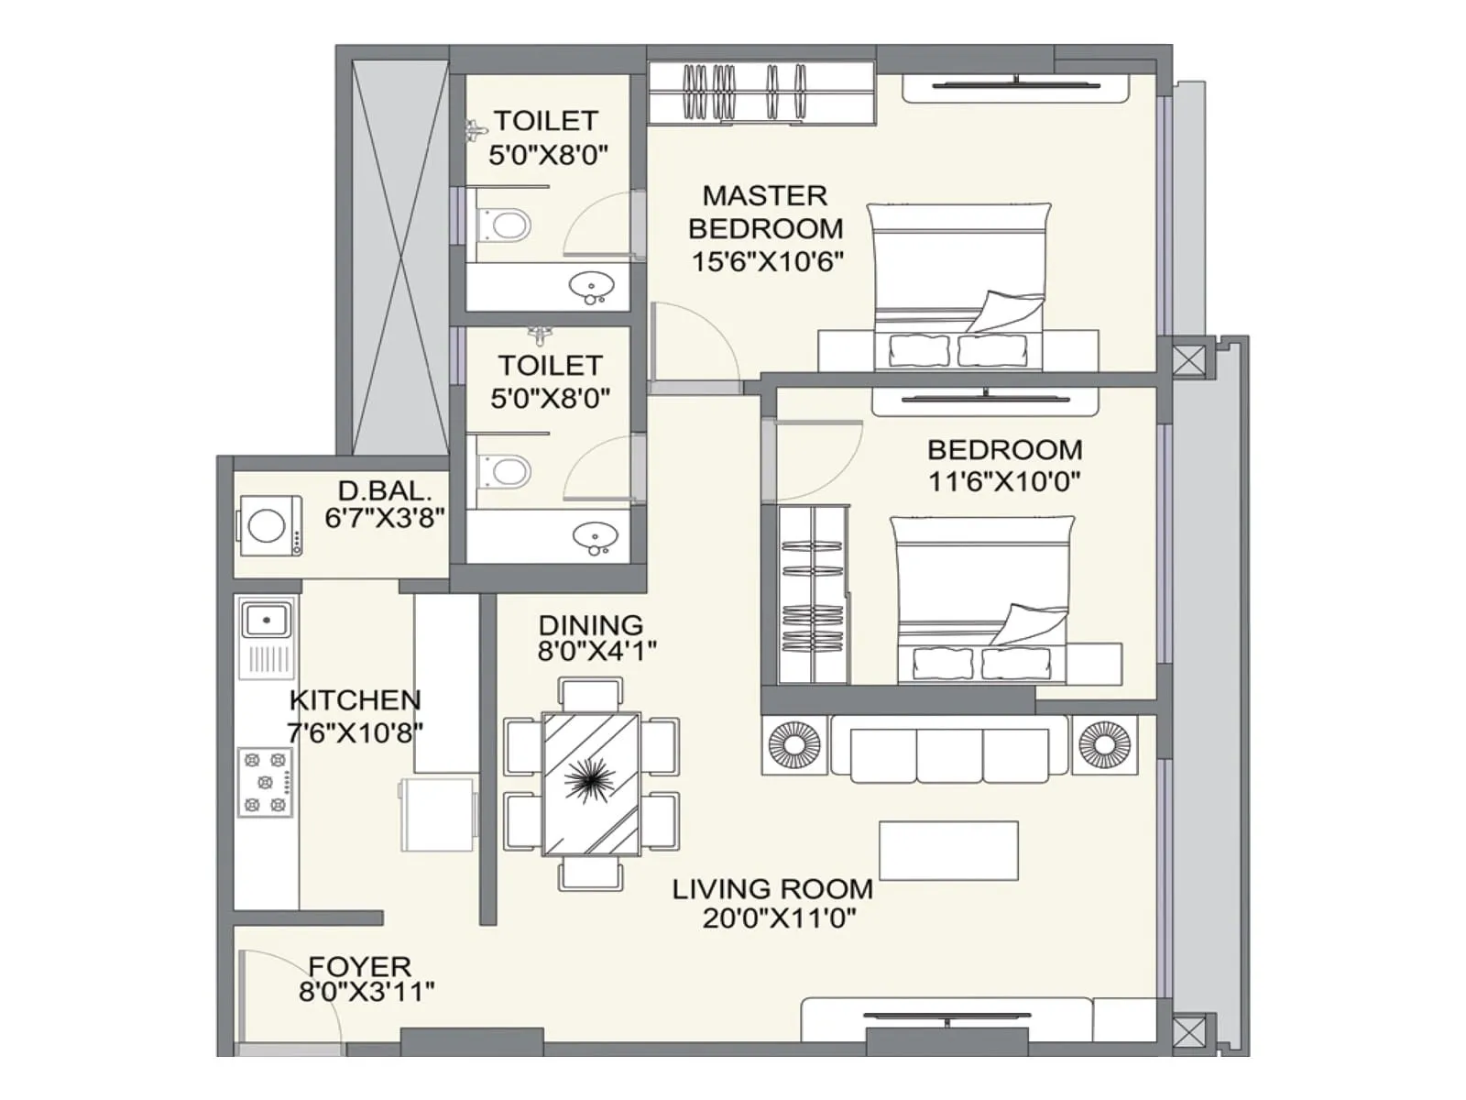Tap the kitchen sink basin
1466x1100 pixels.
266,621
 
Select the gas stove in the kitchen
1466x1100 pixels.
266,782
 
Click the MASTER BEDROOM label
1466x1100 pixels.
766,212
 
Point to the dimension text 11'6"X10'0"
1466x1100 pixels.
1004,481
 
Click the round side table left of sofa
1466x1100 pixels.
794,745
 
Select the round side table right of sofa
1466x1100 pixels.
1105,744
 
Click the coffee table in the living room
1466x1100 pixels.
948,851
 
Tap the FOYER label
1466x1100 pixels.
359,966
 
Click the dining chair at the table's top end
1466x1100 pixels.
591,692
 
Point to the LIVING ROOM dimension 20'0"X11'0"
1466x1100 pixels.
779,918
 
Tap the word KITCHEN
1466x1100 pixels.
356,700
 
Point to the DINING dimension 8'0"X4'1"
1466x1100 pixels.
596,652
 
